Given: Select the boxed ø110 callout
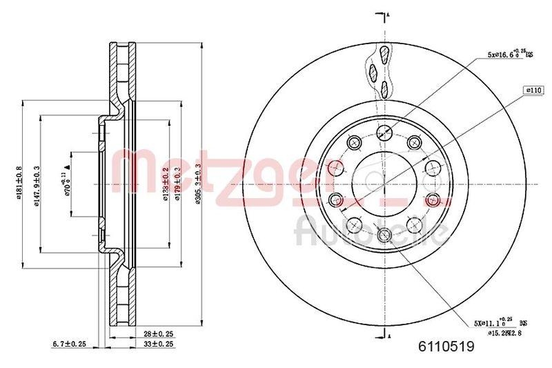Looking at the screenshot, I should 533,90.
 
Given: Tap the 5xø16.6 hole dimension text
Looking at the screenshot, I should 511,53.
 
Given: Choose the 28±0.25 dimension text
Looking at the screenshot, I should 158,333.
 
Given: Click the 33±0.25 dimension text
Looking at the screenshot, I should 158,343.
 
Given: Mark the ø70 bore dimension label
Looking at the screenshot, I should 67,183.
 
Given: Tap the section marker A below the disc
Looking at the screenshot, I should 388,336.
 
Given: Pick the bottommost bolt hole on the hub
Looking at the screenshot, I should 384,235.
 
